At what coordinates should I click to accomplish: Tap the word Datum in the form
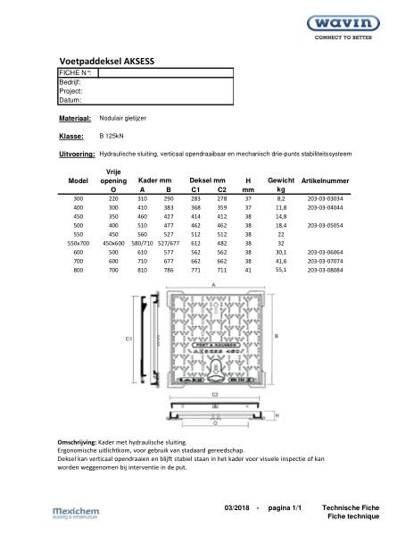(71, 100)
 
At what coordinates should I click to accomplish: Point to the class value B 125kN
(112, 136)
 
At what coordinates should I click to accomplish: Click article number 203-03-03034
(325, 197)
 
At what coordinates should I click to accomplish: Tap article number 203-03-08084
(325, 269)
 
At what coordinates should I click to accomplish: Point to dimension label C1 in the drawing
(128, 339)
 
